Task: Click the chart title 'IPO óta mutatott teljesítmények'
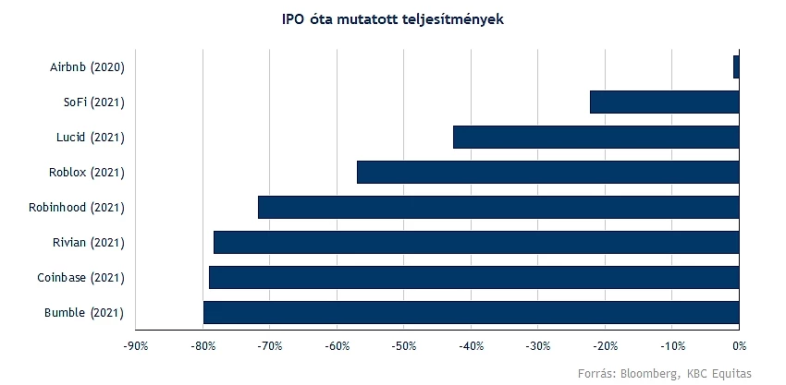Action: tap(393, 19)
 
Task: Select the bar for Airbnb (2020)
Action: tap(736, 67)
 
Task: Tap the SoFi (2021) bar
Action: tap(665, 102)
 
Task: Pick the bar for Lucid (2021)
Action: tap(596, 138)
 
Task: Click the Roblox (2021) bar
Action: tap(548, 173)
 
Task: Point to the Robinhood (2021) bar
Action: tap(498, 207)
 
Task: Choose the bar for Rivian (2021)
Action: tap(476, 242)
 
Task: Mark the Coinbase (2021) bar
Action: tap(474, 277)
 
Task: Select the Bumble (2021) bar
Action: tap(472, 312)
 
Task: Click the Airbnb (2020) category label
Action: tap(87, 67)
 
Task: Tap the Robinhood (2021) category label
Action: tap(76, 208)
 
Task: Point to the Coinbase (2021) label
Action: tap(80, 278)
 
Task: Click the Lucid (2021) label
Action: tap(91, 138)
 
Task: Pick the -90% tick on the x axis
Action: tap(135, 346)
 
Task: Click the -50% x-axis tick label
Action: tap(403, 346)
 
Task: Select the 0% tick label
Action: tap(739, 346)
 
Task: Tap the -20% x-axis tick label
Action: tap(605, 346)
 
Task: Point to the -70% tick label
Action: tap(270, 346)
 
